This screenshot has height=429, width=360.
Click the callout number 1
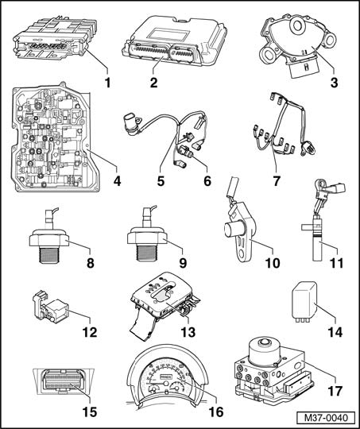point(108,83)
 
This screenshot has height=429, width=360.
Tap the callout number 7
point(277,181)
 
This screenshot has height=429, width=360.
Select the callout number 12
point(90,332)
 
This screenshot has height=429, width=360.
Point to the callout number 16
point(216,412)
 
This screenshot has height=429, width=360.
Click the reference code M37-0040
point(327,418)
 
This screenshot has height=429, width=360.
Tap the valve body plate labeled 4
point(52,137)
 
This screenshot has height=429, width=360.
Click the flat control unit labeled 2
point(175,41)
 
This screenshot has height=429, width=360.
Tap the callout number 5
point(161,181)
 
